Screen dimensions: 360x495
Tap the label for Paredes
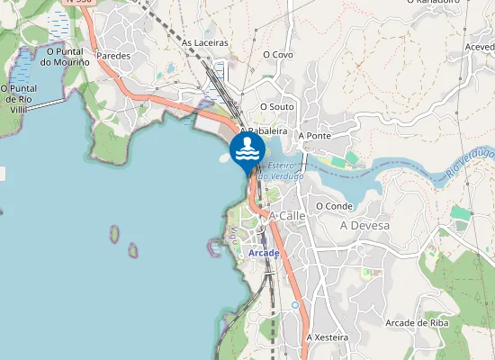(x=113, y=55)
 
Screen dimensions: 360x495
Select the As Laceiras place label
(x=204, y=42)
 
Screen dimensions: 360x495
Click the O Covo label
(x=278, y=54)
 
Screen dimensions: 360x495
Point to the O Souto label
(x=277, y=106)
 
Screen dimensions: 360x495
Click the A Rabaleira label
(x=263, y=130)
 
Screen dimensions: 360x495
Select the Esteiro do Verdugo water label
(x=281, y=171)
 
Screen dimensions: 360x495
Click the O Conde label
(x=334, y=205)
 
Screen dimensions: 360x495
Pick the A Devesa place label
(x=364, y=225)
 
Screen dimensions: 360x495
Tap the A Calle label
(x=288, y=216)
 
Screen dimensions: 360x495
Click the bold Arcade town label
(x=263, y=253)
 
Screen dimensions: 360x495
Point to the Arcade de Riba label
(x=417, y=322)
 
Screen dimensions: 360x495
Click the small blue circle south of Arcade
(x=294, y=306)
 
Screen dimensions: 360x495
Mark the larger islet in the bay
(x=114, y=235)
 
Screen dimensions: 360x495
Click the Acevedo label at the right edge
(x=479, y=47)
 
